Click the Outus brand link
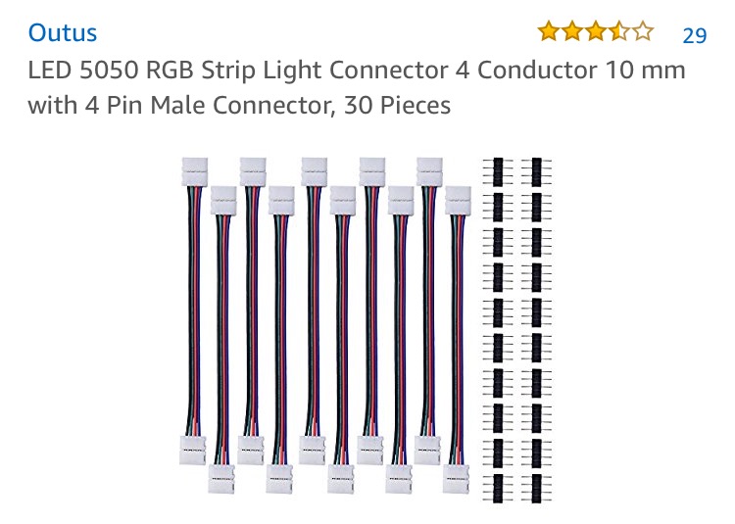(63, 32)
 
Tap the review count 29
(694, 35)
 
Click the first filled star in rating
(547, 32)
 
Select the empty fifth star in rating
(643, 32)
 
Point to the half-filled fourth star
(619, 32)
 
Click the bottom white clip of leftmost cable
(194, 446)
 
